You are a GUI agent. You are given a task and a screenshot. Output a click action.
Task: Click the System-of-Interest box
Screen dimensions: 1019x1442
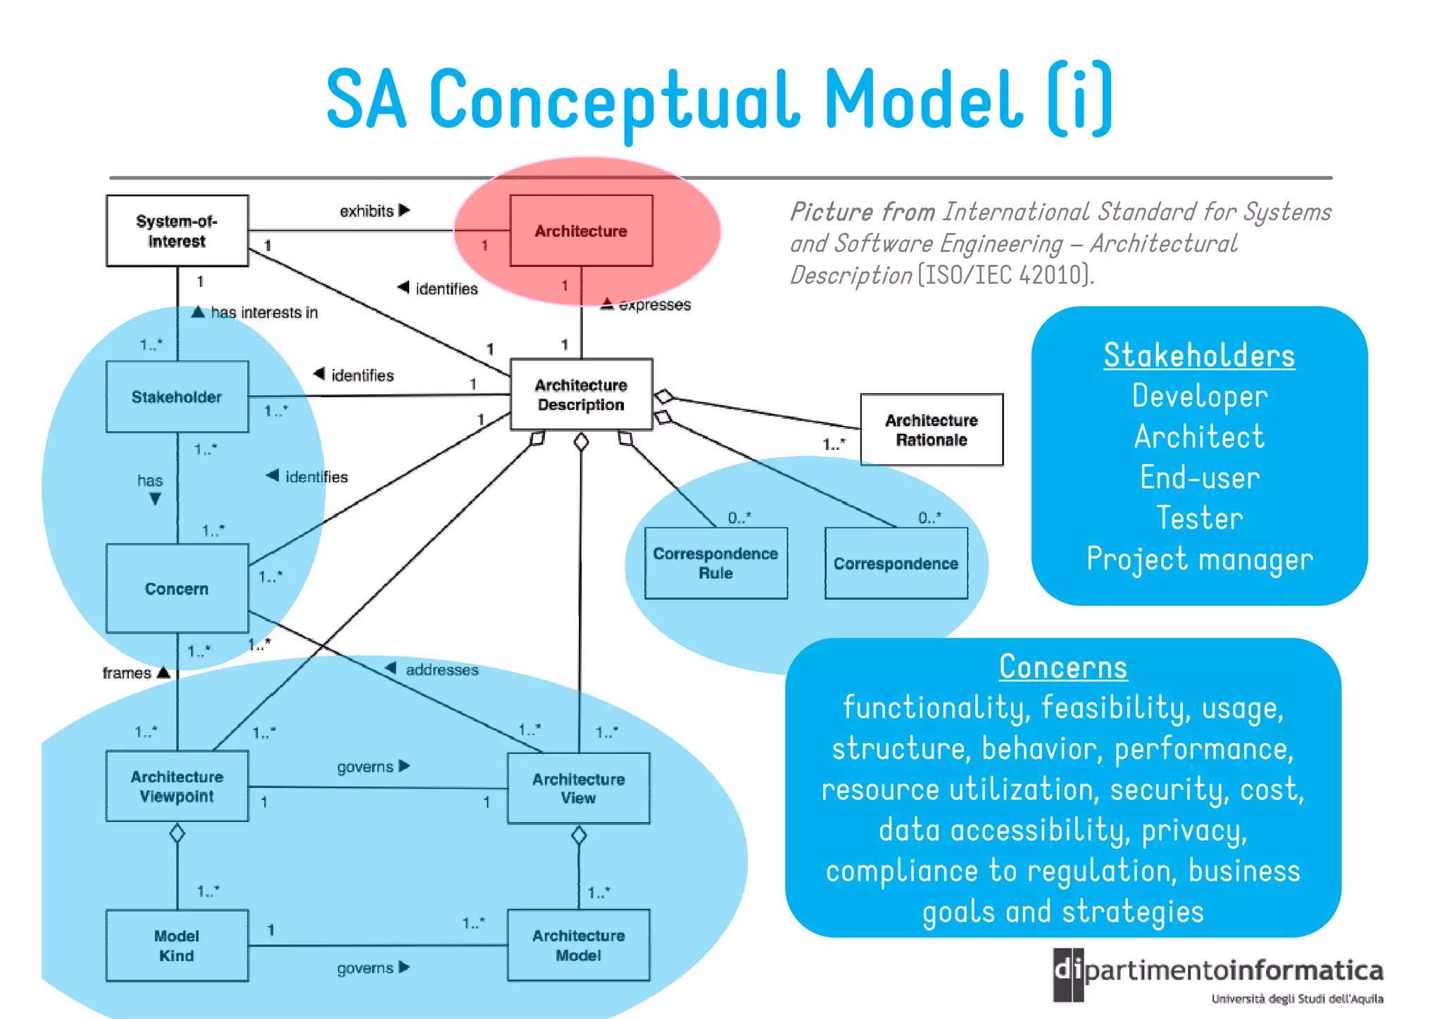(177, 231)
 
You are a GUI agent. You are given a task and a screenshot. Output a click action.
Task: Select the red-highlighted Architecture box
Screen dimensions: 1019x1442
(581, 231)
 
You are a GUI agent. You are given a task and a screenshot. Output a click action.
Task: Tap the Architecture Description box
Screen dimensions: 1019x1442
(581, 394)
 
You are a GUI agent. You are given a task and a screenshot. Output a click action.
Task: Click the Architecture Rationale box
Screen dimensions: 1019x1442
(931, 430)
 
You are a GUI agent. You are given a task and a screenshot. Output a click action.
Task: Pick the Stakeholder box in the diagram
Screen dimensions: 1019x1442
(177, 396)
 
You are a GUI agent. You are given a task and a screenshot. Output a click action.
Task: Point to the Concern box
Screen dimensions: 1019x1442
(177, 588)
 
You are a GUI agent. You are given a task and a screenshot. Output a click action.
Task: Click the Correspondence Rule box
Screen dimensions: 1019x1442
(715, 563)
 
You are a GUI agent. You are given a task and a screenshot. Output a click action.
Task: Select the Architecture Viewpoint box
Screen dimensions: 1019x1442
(177, 786)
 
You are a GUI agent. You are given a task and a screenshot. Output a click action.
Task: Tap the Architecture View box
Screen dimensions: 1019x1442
(578, 788)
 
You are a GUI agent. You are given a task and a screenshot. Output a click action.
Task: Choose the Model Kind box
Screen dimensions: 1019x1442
(177, 945)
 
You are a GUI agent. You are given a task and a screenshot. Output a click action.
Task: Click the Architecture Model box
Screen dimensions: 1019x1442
(578, 945)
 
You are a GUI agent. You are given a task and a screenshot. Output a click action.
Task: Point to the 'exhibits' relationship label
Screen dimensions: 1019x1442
(367, 211)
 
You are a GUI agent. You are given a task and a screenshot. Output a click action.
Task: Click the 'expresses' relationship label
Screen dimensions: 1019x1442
(654, 305)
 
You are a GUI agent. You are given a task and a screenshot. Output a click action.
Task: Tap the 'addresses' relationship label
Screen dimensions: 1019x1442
(441, 670)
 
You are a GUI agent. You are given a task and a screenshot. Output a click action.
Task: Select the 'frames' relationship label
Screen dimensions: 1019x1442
(127, 673)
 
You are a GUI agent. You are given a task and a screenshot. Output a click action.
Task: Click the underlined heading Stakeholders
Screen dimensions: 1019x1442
(1198, 356)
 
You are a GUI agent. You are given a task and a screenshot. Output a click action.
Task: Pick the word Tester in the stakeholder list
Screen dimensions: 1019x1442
(1199, 518)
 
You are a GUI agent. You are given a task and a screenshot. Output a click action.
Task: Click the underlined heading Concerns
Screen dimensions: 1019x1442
(1062, 667)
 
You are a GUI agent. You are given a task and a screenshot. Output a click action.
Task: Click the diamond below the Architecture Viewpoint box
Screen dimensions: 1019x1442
(177, 834)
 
